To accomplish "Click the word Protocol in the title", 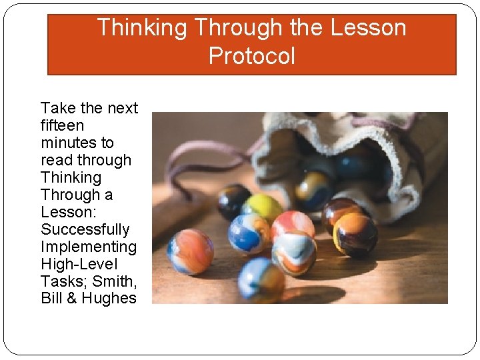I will point(251,55).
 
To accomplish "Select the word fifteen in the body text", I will point(62,125).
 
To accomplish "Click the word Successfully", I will point(85,229).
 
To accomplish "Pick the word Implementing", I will point(89,247).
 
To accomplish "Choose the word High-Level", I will point(79,264).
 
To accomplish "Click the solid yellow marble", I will point(262,207).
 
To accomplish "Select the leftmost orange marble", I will point(190,252).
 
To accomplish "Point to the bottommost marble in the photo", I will point(261,280).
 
